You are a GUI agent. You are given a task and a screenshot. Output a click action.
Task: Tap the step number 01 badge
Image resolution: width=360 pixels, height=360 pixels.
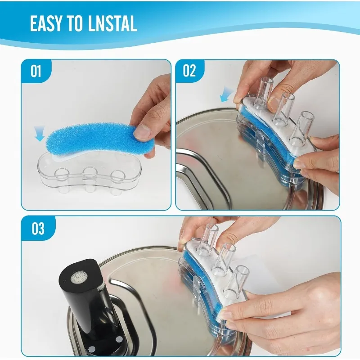[x=36, y=71]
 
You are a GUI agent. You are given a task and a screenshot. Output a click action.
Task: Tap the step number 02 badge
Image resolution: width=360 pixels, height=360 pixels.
[x=189, y=71]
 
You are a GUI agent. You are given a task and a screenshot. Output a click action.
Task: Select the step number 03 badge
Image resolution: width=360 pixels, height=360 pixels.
[x=38, y=228]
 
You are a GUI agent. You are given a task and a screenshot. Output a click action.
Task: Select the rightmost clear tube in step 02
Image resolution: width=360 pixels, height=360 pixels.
[x=300, y=129]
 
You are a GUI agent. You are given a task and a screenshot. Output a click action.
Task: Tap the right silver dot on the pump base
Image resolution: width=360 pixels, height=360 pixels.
[x=119, y=339]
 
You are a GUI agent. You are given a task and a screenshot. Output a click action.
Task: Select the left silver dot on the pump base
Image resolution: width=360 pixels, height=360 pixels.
[x=92, y=349]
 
